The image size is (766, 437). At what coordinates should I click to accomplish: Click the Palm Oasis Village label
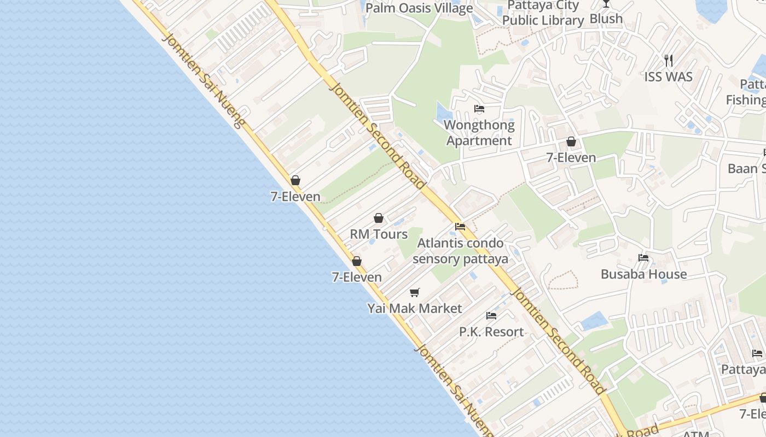point(419,8)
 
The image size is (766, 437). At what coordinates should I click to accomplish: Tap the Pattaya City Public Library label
point(543,13)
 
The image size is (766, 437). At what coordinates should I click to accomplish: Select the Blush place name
point(606,19)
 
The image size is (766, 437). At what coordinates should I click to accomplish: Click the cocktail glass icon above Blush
point(606,3)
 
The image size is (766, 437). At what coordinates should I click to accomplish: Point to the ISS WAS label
point(668,76)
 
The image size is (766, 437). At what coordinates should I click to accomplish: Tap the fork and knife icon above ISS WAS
point(668,60)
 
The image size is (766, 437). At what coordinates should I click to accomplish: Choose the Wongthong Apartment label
point(479,133)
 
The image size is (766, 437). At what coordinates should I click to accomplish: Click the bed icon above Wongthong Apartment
point(479,109)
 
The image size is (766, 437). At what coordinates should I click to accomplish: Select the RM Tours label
point(379,234)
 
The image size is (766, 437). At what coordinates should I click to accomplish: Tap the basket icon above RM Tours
point(379,218)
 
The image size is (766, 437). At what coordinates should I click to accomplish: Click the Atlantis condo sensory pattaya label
point(460,251)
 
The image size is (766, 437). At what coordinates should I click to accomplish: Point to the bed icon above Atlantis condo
point(460,227)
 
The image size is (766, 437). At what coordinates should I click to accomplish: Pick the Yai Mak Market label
point(415,309)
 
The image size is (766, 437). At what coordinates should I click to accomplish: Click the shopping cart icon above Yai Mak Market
point(415,292)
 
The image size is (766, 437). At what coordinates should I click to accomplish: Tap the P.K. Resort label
point(491,332)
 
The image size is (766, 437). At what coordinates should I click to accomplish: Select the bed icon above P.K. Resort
point(491,316)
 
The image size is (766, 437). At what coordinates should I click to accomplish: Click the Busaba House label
point(643,274)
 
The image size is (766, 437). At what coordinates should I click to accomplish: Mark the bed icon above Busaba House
point(643,258)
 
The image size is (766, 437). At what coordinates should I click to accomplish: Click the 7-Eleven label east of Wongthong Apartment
point(571,158)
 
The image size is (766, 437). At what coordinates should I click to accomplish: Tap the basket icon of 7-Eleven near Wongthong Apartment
point(571,142)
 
